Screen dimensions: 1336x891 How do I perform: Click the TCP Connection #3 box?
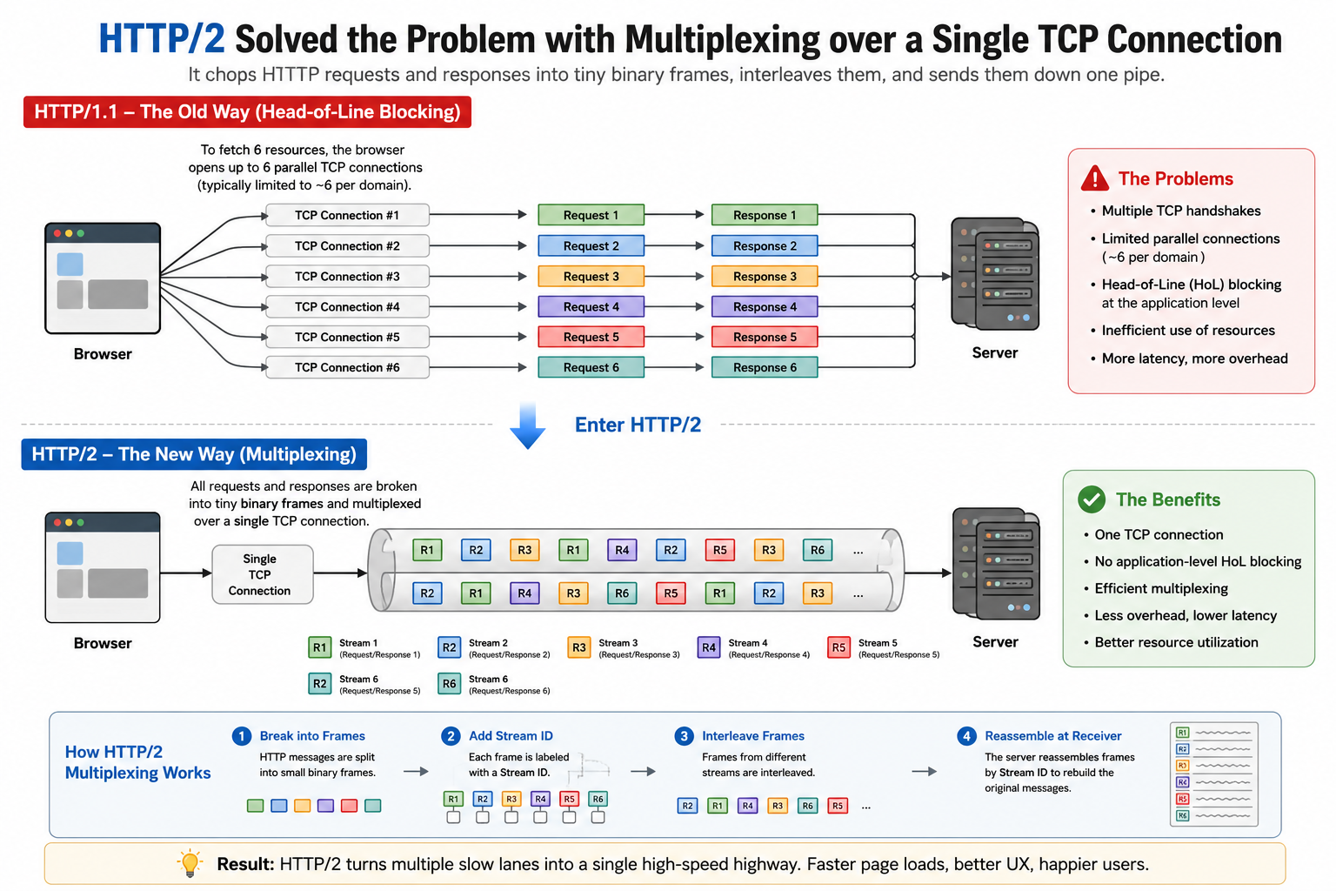[347, 277]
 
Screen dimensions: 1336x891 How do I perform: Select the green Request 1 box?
[591, 215]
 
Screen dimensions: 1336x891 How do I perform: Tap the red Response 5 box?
[765, 338]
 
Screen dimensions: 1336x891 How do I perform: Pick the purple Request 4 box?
[591, 307]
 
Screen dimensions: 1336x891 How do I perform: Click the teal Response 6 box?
[765, 367]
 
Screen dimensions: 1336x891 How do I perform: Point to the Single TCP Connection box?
[263, 574]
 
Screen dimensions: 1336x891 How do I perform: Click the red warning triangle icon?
[1095, 178]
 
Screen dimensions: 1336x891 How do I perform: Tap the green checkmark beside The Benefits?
[1092, 499]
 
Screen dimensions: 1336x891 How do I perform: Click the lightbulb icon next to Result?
[190, 863]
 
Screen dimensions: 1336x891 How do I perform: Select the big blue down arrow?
[527, 426]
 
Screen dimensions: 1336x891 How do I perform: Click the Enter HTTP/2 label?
[638, 425]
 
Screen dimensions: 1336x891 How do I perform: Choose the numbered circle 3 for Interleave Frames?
[684, 736]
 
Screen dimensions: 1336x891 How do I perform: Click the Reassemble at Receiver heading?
[1052, 736]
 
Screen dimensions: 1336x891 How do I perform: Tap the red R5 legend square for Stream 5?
[838, 647]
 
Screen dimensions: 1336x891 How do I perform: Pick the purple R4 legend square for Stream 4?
[709, 647]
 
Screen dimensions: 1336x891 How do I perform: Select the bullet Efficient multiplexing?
[1160, 588]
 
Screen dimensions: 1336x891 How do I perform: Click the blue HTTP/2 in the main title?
[162, 39]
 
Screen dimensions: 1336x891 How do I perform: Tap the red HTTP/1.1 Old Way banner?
[247, 111]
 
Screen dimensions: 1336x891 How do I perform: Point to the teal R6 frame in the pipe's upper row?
[817, 550]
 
